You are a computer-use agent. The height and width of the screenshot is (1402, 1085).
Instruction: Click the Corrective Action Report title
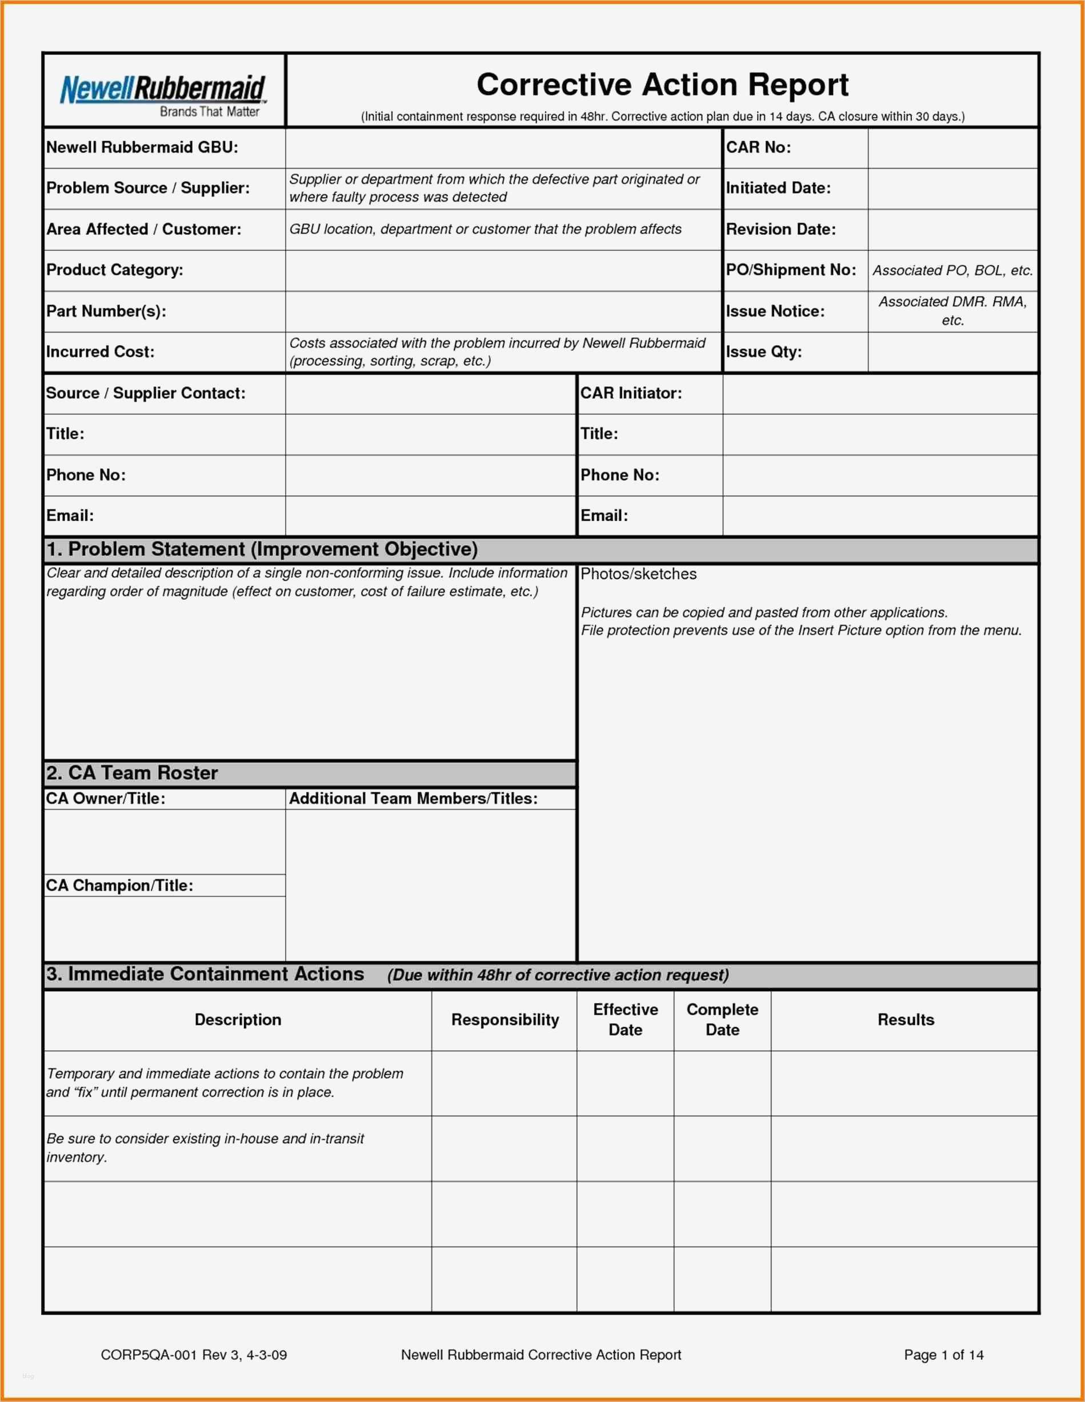click(662, 85)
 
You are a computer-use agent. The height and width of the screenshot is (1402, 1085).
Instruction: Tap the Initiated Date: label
click(778, 188)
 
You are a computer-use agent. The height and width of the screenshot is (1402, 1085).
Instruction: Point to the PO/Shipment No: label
click(791, 270)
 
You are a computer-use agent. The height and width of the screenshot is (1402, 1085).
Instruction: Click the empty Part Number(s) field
click(503, 311)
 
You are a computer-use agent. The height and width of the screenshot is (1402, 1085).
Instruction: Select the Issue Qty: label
click(764, 352)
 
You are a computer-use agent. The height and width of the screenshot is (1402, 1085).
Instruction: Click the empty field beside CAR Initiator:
click(879, 394)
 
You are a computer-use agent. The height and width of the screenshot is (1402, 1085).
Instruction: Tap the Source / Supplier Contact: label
click(146, 394)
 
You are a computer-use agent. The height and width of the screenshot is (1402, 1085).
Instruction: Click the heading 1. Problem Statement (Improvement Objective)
click(262, 550)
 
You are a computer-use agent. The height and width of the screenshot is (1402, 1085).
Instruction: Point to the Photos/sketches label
click(638, 574)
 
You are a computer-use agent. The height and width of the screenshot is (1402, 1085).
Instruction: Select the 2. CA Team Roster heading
click(131, 773)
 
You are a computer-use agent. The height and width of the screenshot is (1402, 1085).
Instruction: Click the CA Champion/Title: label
click(119, 886)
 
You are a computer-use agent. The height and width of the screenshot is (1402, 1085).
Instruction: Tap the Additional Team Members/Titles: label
click(413, 799)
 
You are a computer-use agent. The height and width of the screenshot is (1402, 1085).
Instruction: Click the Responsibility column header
click(505, 1020)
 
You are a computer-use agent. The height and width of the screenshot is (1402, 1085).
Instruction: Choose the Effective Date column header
click(625, 1020)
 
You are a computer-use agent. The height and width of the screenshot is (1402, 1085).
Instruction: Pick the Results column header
click(905, 1020)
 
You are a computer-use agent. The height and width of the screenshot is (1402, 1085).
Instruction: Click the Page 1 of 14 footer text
click(943, 1355)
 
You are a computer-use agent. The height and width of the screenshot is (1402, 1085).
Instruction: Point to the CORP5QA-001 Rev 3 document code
click(194, 1355)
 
